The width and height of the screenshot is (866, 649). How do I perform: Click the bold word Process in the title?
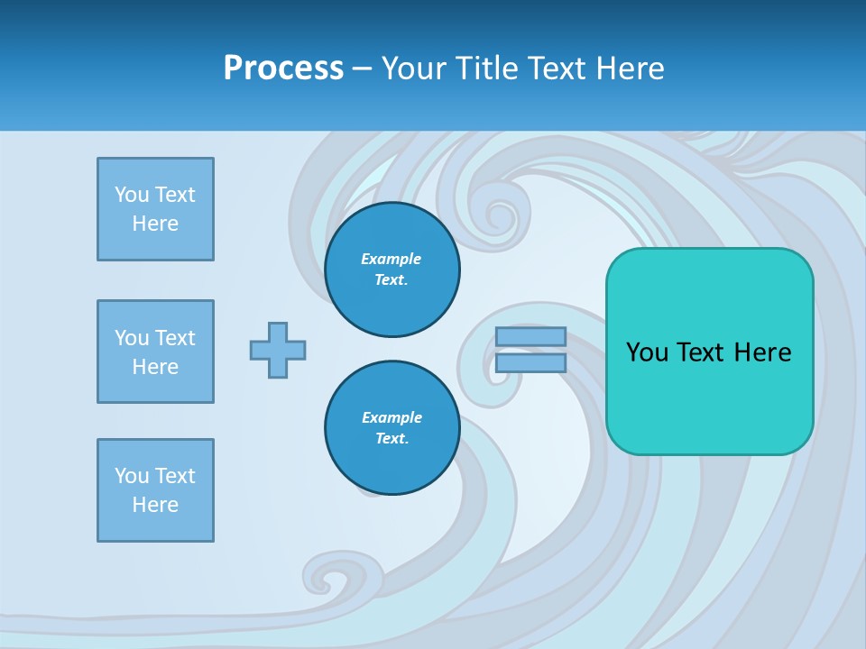[x=283, y=68]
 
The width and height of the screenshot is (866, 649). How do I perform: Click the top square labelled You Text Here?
[x=155, y=209]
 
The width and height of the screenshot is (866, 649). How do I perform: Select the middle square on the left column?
[x=155, y=352]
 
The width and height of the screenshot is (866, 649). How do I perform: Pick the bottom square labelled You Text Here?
[x=155, y=490]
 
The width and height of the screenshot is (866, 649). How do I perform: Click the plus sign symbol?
[x=278, y=350]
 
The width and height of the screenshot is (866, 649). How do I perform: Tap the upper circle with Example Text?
[x=392, y=270]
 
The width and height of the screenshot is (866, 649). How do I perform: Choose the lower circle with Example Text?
[x=392, y=428]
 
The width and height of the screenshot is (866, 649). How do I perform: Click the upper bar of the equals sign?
[x=530, y=336]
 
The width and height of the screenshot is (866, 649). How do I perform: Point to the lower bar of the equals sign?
[x=530, y=362]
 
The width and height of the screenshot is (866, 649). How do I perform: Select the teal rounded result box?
[x=709, y=397]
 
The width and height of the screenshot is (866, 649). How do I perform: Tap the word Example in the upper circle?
[x=391, y=259]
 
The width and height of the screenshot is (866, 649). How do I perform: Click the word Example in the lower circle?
[x=392, y=417]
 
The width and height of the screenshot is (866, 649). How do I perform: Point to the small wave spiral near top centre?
[x=495, y=214]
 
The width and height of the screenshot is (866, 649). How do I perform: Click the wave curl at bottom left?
[x=329, y=574]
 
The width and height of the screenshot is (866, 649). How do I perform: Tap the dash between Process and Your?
[x=362, y=69]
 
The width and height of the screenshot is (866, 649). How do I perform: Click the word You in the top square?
[x=132, y=195]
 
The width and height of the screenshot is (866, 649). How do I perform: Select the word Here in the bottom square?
[x=155, y=505]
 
